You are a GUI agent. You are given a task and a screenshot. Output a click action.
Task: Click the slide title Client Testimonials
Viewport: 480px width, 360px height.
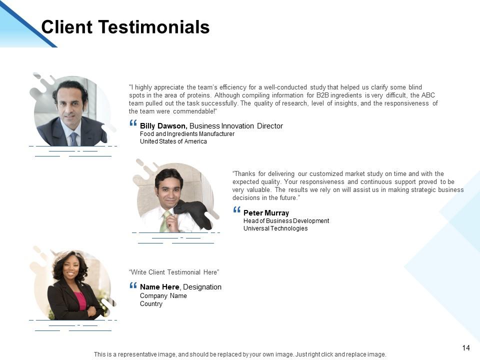point(125,27)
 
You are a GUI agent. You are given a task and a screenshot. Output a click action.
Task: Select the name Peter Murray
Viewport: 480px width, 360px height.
point(266,213)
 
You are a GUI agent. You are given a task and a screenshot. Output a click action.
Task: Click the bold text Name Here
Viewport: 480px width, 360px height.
point(159,287)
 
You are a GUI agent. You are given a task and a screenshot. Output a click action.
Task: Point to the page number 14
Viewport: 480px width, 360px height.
point(466,348)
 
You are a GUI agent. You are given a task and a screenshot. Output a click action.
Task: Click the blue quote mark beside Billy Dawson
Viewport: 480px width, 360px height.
point(133,123)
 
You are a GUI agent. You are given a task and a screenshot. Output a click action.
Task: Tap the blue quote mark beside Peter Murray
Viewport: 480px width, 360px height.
point(236,210)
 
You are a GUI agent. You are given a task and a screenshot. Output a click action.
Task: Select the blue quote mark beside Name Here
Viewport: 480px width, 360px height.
point(133,285)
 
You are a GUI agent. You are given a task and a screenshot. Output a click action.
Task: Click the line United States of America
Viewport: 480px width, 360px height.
point(173,141)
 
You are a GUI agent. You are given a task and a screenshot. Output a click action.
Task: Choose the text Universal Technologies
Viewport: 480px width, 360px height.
point(275,228)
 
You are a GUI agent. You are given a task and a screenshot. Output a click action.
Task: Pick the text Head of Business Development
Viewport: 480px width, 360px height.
point(286,221)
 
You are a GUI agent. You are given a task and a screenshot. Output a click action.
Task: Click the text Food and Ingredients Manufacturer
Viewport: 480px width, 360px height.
point(187,134)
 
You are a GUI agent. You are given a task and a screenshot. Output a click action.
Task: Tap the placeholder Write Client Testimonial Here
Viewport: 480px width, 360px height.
point(174,272)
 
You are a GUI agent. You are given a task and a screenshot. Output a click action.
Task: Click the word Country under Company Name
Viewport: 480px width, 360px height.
point(151,304)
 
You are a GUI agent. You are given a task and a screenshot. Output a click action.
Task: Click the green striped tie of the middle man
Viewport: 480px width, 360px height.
point(164,223)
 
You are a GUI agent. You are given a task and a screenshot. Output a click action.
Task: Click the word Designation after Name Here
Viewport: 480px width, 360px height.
point(202,287)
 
